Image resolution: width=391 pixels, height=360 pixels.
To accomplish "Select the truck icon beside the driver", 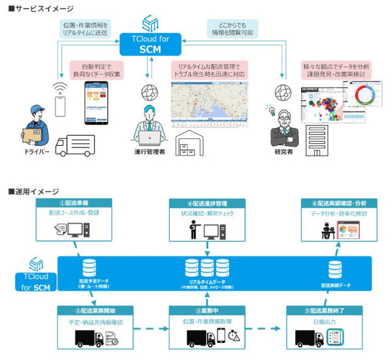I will pyautogui.click(x=76, y=145).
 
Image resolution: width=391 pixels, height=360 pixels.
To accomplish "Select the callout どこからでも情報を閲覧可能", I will pyautogui.click(x=232, y=27).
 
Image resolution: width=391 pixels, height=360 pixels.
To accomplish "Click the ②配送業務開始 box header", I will pyautogui.click(x=94, y=310).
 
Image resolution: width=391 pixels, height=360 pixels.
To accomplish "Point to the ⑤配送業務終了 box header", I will pyautogui.click(x=326, y=310).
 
